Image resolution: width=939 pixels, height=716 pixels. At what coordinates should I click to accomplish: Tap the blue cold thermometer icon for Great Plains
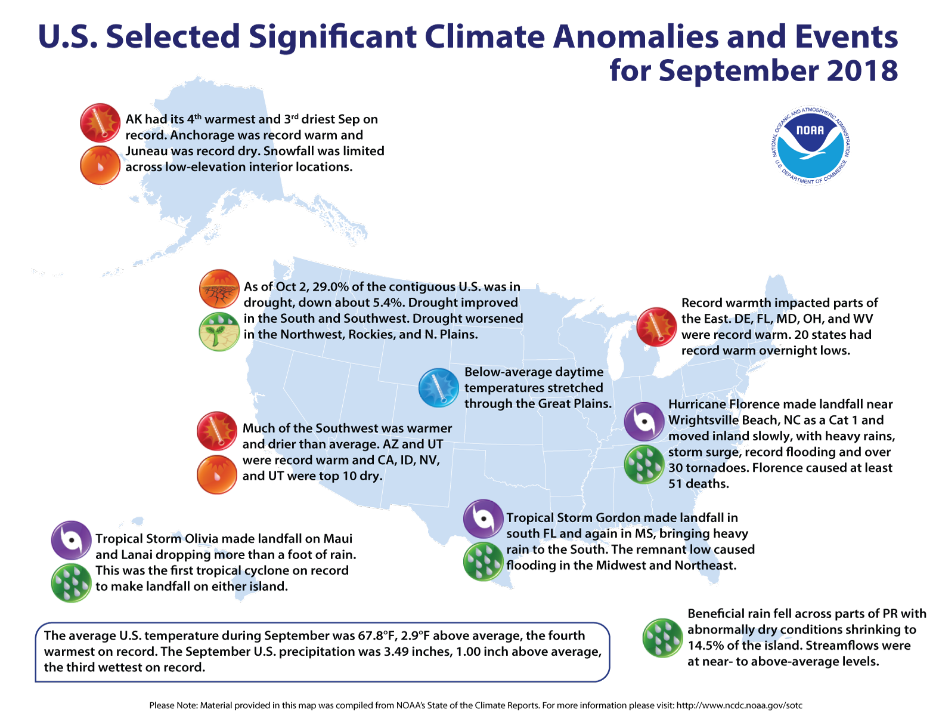[439, 388]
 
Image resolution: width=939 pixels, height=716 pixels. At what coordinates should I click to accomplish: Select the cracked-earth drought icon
[219, 289]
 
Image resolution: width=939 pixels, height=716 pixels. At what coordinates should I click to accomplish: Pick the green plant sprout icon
[219, 332]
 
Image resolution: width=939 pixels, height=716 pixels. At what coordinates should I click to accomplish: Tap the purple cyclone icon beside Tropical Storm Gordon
[484, 519]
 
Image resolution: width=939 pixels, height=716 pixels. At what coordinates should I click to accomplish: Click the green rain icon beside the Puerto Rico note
[662, 638]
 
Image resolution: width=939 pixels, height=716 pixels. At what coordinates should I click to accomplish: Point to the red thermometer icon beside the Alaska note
[101, 123]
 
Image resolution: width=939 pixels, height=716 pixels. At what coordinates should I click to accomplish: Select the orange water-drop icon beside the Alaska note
[101, 165]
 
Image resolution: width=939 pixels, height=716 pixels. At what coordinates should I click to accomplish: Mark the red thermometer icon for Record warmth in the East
[656, 327]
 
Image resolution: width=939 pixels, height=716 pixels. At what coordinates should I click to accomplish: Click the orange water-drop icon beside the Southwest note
[217, 474]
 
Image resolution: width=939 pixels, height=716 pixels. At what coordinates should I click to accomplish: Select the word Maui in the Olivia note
[338, 539]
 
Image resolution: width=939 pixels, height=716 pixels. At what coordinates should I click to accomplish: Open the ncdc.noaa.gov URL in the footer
[739, 705]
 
